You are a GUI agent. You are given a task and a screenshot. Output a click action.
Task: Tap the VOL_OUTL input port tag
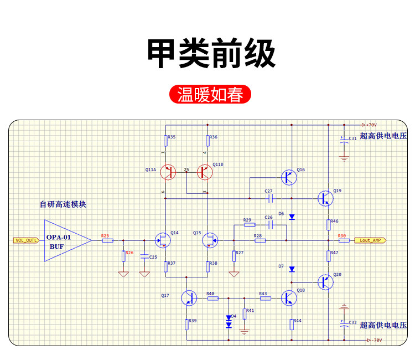26,240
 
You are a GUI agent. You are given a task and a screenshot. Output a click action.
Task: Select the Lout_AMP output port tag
370,240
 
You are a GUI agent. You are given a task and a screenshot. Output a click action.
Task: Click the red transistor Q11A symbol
168,172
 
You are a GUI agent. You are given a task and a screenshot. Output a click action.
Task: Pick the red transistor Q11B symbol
205,172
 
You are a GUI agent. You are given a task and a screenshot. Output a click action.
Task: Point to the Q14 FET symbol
163,240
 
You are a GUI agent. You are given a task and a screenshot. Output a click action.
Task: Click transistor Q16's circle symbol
289,177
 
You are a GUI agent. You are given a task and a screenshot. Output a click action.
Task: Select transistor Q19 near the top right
325,198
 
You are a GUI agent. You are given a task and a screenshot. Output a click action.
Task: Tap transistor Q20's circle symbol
325,282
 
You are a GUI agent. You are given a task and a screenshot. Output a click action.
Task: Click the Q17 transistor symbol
189,298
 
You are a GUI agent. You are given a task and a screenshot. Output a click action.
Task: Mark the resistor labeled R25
108,240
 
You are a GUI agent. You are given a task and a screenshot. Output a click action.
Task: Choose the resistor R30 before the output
344,240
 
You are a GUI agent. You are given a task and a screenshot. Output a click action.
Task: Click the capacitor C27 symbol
270,198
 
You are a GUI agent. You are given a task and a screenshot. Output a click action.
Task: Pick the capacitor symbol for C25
144,256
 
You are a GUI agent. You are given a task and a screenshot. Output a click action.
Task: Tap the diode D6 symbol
292,217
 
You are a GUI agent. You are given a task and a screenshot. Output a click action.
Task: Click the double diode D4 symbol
229,322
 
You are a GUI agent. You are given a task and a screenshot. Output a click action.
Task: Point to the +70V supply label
371,125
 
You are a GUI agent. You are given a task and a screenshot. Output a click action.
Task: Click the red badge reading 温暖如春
210,94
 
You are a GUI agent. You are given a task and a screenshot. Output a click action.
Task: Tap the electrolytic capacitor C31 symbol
344,140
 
